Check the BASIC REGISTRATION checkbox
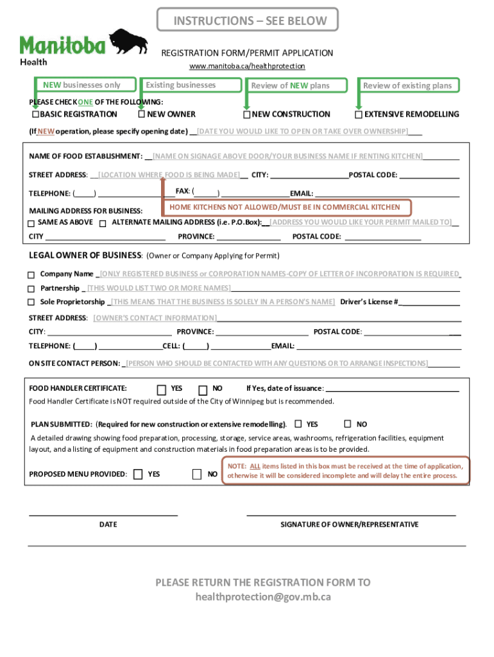coord(35,115)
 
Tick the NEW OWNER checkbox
coord(141,115)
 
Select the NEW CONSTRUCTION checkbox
coord(246,115)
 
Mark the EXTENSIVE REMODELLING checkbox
coord(359,115)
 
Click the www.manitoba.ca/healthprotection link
coord(247,66)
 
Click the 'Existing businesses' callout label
coord(181,85)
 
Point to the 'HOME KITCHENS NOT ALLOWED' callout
coord(285,207)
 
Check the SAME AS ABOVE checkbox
coord(31,223)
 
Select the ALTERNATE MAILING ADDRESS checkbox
coord(103,223)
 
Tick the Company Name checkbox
coord(31,274)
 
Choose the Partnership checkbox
coord(31,288)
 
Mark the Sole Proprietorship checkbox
coord(31,302)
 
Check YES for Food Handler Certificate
coord(162,389)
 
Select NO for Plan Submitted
coord(347,424)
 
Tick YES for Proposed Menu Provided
coord(139,474)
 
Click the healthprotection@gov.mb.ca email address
coord(263,597)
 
